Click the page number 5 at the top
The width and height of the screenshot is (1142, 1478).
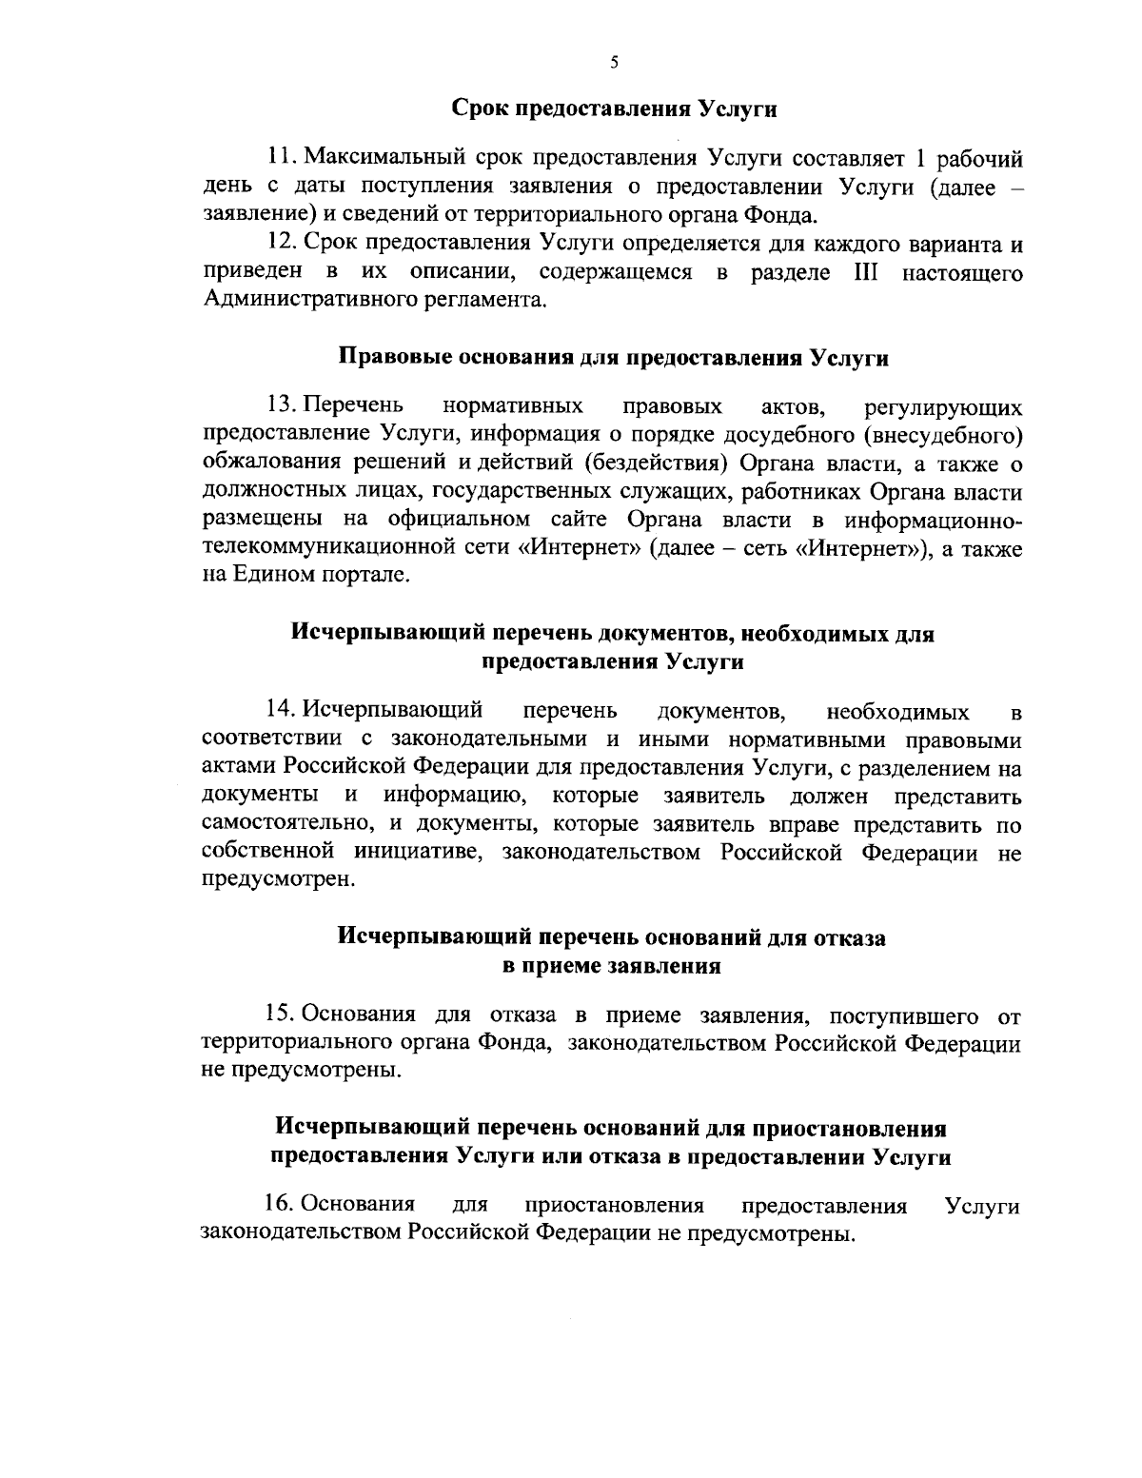(x=614, y=63)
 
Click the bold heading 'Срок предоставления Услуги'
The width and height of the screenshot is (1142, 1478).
(x=614, y=108)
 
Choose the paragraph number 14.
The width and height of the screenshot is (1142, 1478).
(x=283, y=710)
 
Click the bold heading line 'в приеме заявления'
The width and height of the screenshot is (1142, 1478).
(x=611, y=967)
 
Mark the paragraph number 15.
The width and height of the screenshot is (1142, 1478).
(x=283, y=1015)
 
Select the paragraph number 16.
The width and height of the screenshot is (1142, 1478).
(x=283, y=1206)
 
